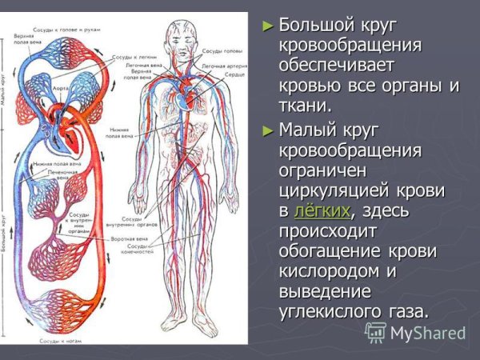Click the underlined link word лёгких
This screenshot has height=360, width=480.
322,210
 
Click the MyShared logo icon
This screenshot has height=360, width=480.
375,332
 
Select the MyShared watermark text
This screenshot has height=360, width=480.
426,333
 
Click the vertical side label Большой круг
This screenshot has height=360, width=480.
6,240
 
